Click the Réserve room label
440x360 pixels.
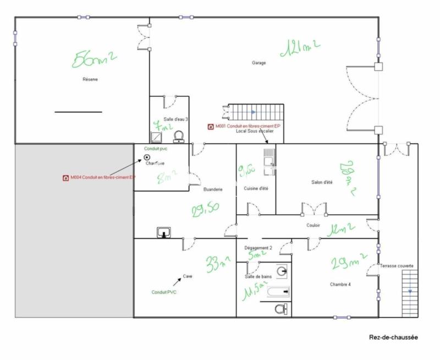click(90, 80)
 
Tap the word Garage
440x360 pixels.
click(259, 63)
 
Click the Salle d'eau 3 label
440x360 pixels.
click(176, 119)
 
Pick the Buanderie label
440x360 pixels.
click(212, 189)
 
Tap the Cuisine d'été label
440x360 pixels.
click(256, 189)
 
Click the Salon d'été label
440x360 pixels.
click(321, 182)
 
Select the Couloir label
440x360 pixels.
click(313, 225)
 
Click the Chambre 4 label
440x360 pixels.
click(340, 284)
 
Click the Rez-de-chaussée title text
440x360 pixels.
click(393, 337)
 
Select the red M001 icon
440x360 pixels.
click(211, 127)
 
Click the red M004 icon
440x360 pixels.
click(67, 177)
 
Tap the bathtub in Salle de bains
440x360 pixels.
click(280, 292)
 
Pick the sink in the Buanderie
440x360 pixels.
click(164, 232)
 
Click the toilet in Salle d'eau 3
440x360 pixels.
click(178, 135)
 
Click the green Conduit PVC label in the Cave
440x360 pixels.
click(164, 292)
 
